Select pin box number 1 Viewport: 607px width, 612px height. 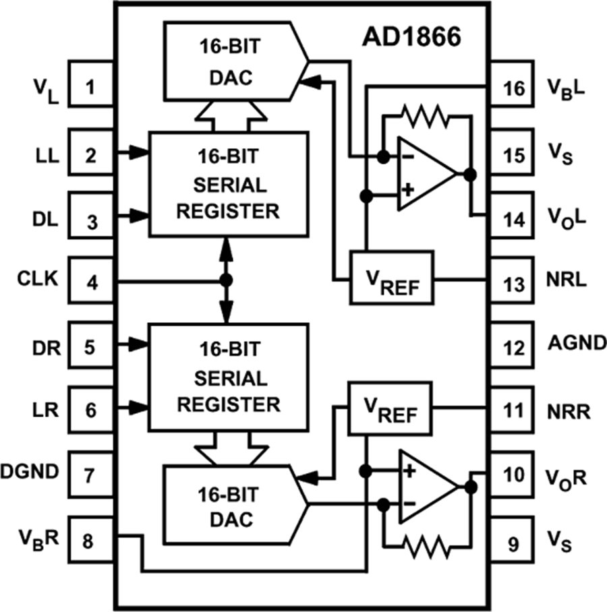92,88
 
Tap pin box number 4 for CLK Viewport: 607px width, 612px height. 92,280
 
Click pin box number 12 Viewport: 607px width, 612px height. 514,348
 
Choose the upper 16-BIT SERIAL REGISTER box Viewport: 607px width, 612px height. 227,184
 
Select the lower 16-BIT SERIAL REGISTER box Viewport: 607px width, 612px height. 227,377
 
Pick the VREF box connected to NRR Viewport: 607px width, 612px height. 390,408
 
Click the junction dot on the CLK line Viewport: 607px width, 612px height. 227,280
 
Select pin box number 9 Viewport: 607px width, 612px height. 514,541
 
